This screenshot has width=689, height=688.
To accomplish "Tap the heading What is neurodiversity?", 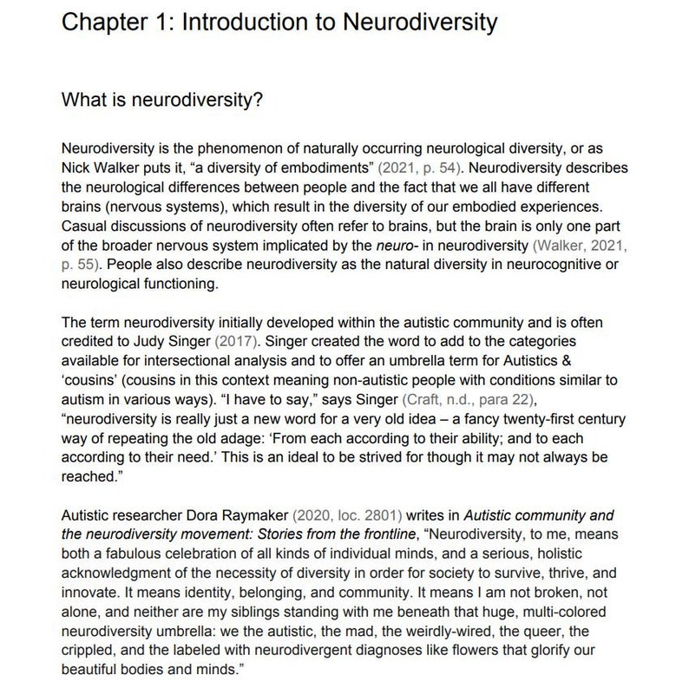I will tap(162, 101).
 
